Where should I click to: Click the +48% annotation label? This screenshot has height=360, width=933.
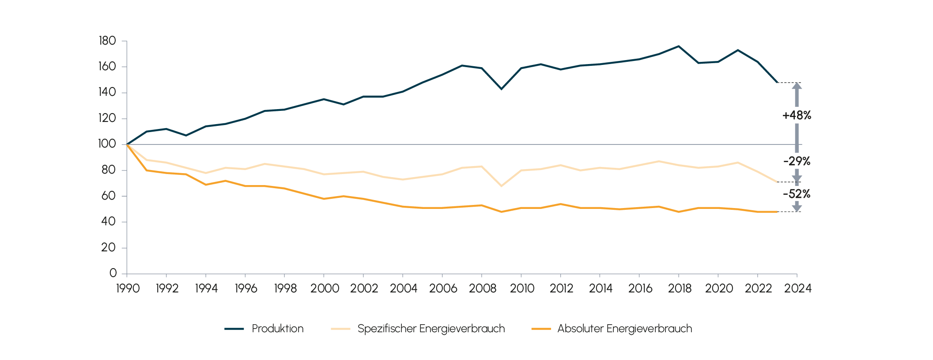click(x=797, y=115)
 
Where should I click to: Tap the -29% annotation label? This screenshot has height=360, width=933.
click(x=797, y=161)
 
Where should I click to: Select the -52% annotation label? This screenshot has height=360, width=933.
click(x=797, y=194)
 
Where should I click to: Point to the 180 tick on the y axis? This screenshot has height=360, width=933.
click(x=107, y=41)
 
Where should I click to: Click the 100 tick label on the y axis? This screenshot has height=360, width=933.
click(x=107, y=144)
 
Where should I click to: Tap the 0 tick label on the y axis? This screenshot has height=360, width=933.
click(x=113, y=273)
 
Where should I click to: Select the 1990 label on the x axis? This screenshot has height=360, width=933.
click(x=128, y=288)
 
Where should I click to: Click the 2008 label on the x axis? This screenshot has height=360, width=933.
click(x=483, y=288)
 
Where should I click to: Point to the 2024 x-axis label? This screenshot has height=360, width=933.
click(x=797, y=288)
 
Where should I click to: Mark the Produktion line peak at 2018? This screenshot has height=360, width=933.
click(x=679, y=46)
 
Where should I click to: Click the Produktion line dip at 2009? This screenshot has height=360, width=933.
click(x=501, y=89)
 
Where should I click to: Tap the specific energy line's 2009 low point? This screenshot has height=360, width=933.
click(x=501, y=186)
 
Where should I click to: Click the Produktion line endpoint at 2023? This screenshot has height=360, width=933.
click(x=777, y=82)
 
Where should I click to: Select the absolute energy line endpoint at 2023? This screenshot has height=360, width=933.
click(x=777, y=212)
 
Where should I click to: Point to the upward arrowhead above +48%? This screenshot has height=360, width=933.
click(x=797, y=86)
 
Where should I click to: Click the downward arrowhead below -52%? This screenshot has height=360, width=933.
click(x=797, y=208)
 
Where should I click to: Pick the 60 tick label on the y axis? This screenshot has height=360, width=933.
click(x=108, y=196)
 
